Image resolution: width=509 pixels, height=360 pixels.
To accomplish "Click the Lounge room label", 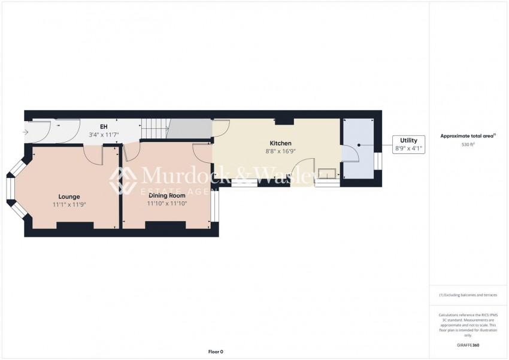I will click(69, 196).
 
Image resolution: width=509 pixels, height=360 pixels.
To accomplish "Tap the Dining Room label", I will click(167, 195).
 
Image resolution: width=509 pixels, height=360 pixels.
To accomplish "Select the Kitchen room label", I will click(280, 143).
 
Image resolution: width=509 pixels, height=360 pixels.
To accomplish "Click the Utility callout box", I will click(408, 144).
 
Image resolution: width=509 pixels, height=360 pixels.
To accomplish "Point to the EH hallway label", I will click(103, 127).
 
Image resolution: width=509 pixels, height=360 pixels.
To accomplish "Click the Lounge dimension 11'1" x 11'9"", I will click(70, 204).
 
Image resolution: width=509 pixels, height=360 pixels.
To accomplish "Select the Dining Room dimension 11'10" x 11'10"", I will click(167, 203).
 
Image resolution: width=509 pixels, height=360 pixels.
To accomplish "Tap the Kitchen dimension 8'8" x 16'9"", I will click(280, 152).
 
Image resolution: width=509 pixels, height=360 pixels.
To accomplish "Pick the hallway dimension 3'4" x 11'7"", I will click(104, 135).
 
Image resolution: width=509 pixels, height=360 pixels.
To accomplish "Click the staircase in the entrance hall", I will click(155, 128).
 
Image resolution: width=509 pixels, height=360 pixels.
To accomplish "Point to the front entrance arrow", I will click(25, 132).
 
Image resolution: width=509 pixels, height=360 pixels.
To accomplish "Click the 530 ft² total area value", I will click(468, 144).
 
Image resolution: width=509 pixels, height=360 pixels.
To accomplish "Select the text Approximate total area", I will click(467, 136).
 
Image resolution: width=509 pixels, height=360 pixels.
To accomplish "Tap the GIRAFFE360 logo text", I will click(468, 345).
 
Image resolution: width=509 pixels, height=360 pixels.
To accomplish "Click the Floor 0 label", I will click(215, 352).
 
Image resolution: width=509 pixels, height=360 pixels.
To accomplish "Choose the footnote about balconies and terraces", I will click(468, 295).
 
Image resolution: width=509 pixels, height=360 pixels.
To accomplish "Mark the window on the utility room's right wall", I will click(377, 162).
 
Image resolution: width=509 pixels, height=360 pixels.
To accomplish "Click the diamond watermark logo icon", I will click(123, 180).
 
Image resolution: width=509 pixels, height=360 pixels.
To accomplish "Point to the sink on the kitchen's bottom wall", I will click(326, 174).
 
